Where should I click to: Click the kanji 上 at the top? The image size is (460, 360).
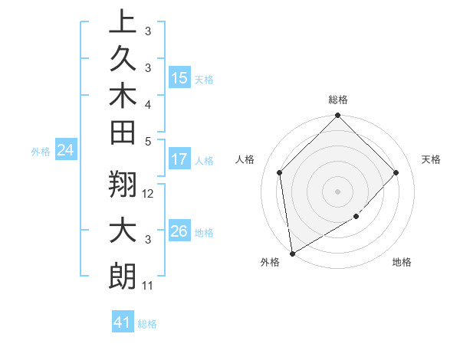tap(123, 22)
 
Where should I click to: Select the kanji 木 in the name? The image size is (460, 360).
tap(123, 96)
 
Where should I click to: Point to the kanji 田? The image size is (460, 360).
tap(123, 133)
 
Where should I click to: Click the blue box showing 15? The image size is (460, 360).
tap(180, 78)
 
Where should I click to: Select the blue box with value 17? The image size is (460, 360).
tap(180, 160)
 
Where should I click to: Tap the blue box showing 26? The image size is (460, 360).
tap(180, 231)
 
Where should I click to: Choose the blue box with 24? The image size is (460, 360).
tap(66, 150)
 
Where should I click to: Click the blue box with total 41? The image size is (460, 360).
tap(123, 322)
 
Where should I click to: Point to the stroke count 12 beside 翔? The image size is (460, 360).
tap(148, 194)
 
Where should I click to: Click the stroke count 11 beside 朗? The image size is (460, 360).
tap(148, 286)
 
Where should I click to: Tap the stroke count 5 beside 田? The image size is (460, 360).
tap(148, 142)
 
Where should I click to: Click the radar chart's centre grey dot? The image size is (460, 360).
tap(337, 191)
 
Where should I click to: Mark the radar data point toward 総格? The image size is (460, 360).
tap(337, 116)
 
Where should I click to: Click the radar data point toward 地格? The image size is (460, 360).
tap(356, 217)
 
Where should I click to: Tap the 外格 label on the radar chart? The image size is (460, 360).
tap(270, 263)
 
